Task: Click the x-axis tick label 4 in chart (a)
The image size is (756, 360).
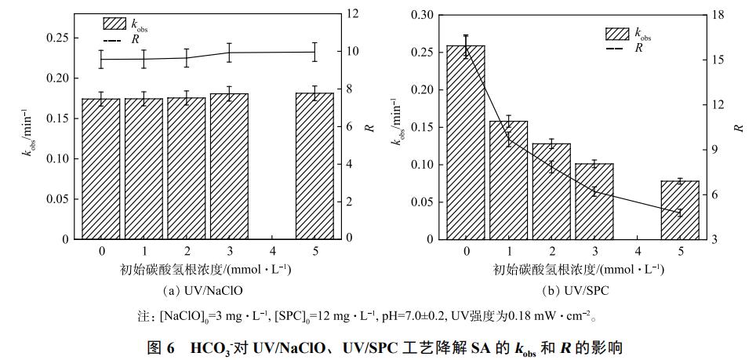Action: [x=272, y=250]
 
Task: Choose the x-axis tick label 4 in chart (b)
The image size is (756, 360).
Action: [x=637, y=250]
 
